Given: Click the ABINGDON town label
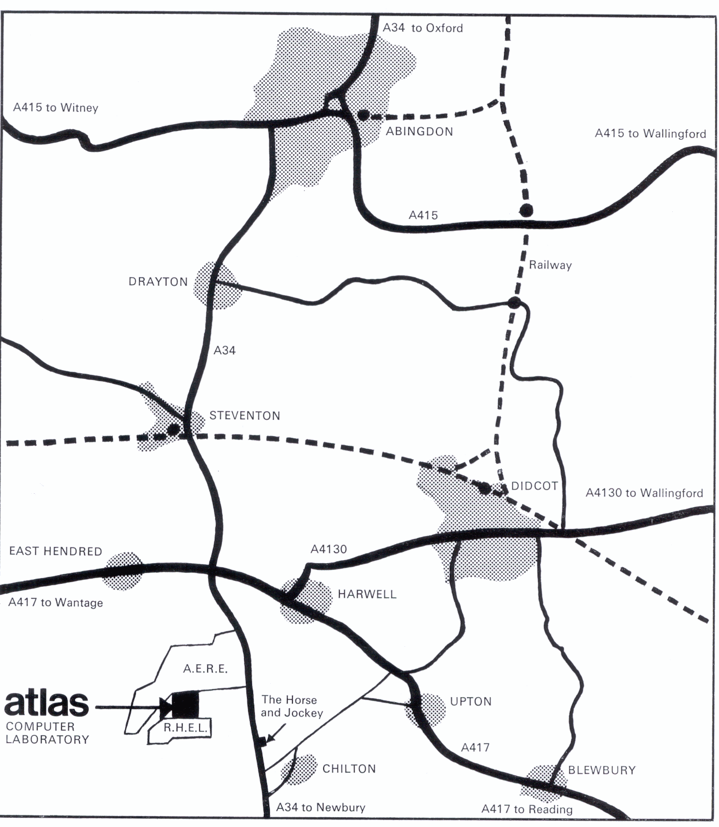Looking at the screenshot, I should coord(419,132).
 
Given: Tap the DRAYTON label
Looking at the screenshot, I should coord(158,282).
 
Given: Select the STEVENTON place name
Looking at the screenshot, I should coord(245,416).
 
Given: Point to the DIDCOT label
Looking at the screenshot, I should coord(535,486).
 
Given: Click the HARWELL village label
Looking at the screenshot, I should coord(367,594).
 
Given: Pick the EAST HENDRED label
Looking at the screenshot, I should coord(55,552).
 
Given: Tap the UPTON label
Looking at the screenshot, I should coord(471,702).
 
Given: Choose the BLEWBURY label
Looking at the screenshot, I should coord(602,770).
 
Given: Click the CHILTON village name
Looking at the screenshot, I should coord(349,769).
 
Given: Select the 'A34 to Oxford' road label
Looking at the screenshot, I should coord(423,28).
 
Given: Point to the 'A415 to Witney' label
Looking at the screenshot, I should coord(55,108).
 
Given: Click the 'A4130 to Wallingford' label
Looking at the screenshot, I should coord(645,493).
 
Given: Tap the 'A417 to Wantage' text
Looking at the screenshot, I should coord(55,603).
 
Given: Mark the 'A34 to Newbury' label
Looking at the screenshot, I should coord(321,807).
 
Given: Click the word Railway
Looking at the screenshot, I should coord(550,266).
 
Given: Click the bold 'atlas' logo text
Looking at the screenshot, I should coord(46,703).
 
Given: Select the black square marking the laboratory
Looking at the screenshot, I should coord(185,705).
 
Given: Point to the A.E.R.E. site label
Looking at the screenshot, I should coord(205,669).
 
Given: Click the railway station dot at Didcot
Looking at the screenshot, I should coord(485,489).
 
